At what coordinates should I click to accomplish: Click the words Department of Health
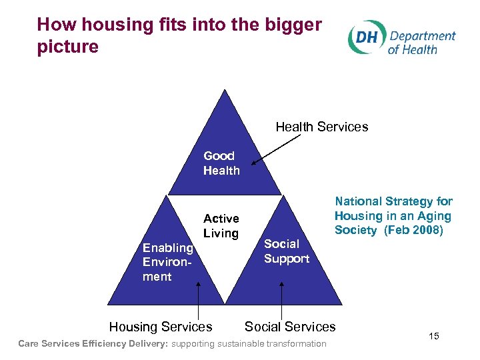coord(422,42)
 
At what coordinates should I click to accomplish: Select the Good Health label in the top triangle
coord(221,163)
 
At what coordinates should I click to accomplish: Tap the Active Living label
coord(221,226)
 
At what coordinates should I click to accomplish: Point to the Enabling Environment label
coord(167,262)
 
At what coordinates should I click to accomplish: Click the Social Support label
coord(287,251)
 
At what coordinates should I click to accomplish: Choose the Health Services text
coord(321,127)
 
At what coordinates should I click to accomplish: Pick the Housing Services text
coord(161,327)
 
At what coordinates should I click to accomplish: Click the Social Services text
coord(290,327)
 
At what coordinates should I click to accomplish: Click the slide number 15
coord(434,337)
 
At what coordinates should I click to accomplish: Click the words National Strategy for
coord(393,201)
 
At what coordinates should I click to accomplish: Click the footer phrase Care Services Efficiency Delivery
coord(93,344)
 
